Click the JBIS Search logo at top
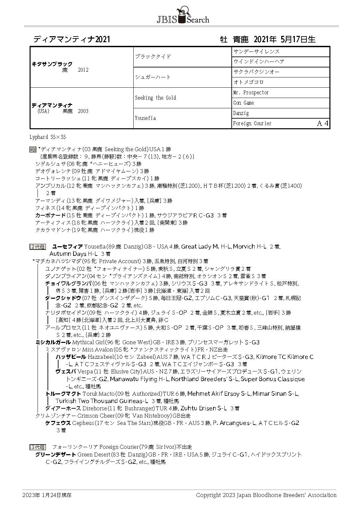(x=182, y=16)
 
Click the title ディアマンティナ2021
(x=71, y=40)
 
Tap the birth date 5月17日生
(x=298, y=40)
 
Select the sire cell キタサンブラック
(x=52, y=64)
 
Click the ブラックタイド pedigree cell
(x=153, y=57)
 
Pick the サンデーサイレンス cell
(x=256, y=51)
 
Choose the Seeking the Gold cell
(x=155, y=98)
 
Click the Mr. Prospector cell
(x=251, y=93)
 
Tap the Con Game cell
(x=244, y=103)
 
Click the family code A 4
(x=322, y=124)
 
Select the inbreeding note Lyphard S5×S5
(x=48, y=137)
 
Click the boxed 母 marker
(x=32, y=150)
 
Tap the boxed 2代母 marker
(x=38, y=247)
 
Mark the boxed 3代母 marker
(x=38, y=447)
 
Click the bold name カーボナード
(x=51, y=215)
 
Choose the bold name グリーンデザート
(x=56, y=455)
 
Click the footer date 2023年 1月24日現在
(x=47, y=495)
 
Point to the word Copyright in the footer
(x=207, y=495)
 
